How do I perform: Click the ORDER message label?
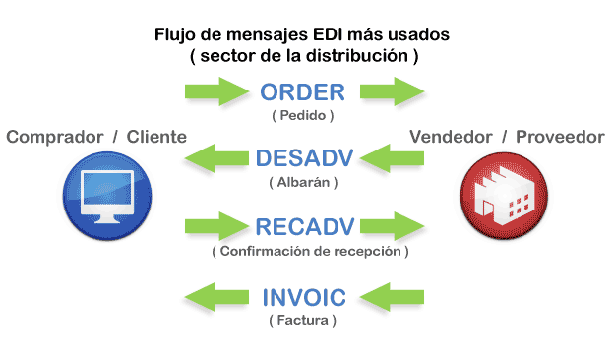[x=303, y=93]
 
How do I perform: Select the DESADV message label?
[x=303, y=158]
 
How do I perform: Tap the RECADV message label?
[x=303, y=227]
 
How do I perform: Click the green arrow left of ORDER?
[x=217, y=93]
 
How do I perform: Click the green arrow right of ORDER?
[x=391, y=93]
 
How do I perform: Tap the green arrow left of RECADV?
[x=217, y=226]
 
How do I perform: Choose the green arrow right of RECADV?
[x=391, y=226]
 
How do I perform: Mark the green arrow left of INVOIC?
[x=217, y=295]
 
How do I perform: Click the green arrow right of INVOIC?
[x=391, y=295]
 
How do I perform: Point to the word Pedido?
[x=303, y=115]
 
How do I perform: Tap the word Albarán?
[x=303, y=182]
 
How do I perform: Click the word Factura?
[x=303, y=321]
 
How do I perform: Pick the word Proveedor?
[x=562, y=137]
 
